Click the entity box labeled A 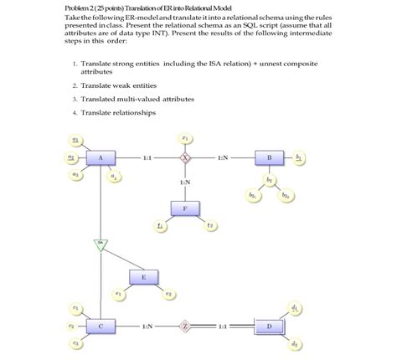click(x=101, y=157)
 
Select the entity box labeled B click(x=269, y=157)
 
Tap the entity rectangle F click(x=185, y=208)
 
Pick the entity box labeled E click(x=143, y=276)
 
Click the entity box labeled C click(x=101, y=324)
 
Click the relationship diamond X click(x=185, y=157)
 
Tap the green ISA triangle click(x=101, y=244)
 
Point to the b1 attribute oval click(x=299, y=157)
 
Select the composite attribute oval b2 click(x=269, y=179)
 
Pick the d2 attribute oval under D click(x=295, y=344)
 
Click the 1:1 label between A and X click(x=147, y=157)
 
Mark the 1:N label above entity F click(x=185, y=182)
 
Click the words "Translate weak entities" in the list click(x=117, y=85)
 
